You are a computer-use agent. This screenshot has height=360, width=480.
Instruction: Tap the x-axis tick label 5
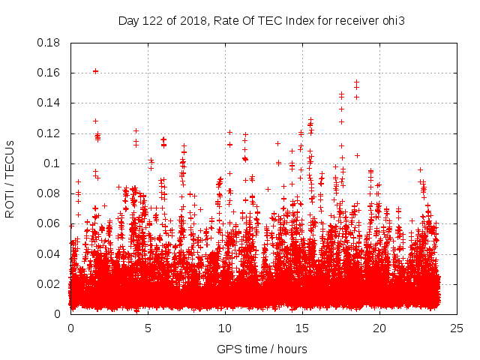tap(148, 328)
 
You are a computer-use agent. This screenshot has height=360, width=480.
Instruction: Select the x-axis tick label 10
tap(225, 328)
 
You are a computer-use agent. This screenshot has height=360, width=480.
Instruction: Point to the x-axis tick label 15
tap(302, 328)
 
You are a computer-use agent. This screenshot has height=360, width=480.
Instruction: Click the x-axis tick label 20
tap(379, 328)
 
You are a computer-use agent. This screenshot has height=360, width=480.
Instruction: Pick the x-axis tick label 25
tap(457, 328)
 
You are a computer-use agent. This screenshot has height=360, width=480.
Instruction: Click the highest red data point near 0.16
tap(95, 71)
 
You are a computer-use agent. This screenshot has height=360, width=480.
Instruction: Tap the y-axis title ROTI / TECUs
tap(10, 178)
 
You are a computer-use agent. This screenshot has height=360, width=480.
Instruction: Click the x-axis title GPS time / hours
tap(262, 349)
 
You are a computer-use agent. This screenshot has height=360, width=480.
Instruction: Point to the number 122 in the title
tap(155, 20)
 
